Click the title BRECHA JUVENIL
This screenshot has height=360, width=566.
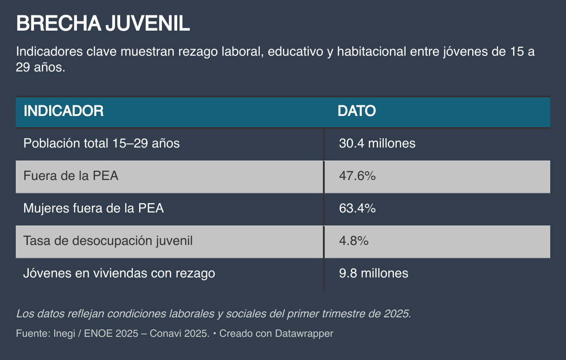coord(103,24)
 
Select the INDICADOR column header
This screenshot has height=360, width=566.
coord(64,111)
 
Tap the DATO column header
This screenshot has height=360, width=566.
coord(356,111)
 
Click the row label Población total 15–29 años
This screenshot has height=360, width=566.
coord(102,143)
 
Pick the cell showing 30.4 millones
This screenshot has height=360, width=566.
coord(377,143)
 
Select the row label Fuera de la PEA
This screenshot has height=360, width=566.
coord(71,176)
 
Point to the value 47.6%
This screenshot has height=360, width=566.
coord(357,176)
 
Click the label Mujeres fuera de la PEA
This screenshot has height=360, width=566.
coord(94,209)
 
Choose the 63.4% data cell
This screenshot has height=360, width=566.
coord(357,209)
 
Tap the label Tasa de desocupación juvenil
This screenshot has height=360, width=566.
coord(108,241)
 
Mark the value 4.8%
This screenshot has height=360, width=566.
coord(354,241)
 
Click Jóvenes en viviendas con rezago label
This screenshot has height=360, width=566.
coord(119,274)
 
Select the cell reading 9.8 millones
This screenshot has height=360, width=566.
coord(373,274)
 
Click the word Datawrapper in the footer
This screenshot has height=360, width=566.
coord(304,334)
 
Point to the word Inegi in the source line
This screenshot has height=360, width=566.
coord(64,334)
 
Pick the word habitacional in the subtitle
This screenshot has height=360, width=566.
coord(371,51)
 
